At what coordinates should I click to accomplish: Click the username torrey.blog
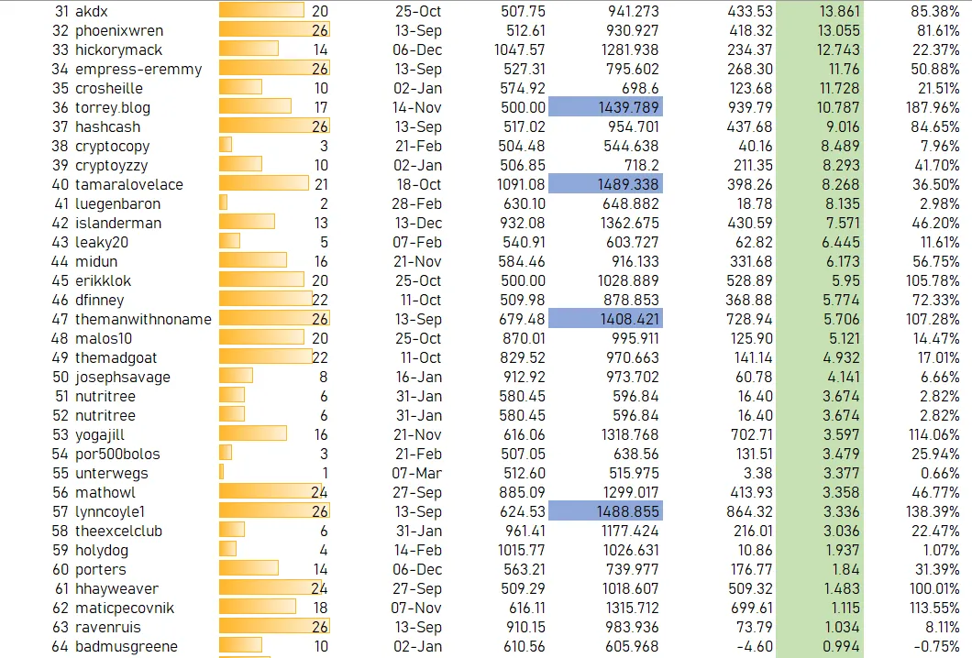112,107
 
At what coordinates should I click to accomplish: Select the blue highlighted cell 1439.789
604,107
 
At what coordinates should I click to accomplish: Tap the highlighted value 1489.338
604,184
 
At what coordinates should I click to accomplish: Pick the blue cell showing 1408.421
604,319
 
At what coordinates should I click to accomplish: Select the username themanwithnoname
143,319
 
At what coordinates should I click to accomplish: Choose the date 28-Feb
417,203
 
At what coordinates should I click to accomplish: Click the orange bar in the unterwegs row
222,473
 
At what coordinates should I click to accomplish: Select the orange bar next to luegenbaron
223,203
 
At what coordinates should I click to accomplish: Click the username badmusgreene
127,646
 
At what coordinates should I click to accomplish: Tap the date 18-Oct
418,184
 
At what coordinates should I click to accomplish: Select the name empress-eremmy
138,69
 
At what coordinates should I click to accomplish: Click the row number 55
61,473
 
